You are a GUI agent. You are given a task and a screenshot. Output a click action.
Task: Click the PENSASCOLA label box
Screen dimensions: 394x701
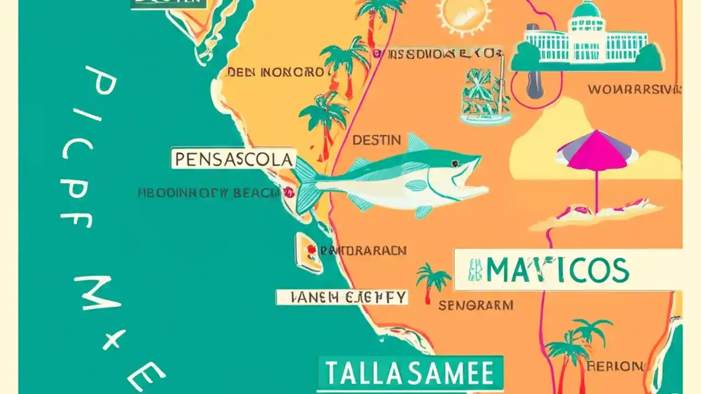coord(233,159)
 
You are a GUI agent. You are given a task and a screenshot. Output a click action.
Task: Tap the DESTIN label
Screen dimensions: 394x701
coord(376,140)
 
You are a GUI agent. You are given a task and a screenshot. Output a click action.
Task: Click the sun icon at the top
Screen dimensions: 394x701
coord(464,14)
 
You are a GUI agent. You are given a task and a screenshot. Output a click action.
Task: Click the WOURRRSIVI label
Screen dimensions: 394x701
coord(634,89)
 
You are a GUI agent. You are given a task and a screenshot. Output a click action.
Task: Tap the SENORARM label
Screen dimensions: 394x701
coord(475,305)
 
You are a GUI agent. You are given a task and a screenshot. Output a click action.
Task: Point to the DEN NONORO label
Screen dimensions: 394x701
coord(275,72)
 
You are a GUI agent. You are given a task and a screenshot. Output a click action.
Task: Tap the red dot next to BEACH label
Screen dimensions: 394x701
coord(289,192)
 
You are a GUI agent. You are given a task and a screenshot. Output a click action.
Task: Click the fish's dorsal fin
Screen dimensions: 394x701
coord(417,143)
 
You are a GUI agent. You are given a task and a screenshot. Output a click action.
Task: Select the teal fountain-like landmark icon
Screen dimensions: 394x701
coord(485,96)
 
